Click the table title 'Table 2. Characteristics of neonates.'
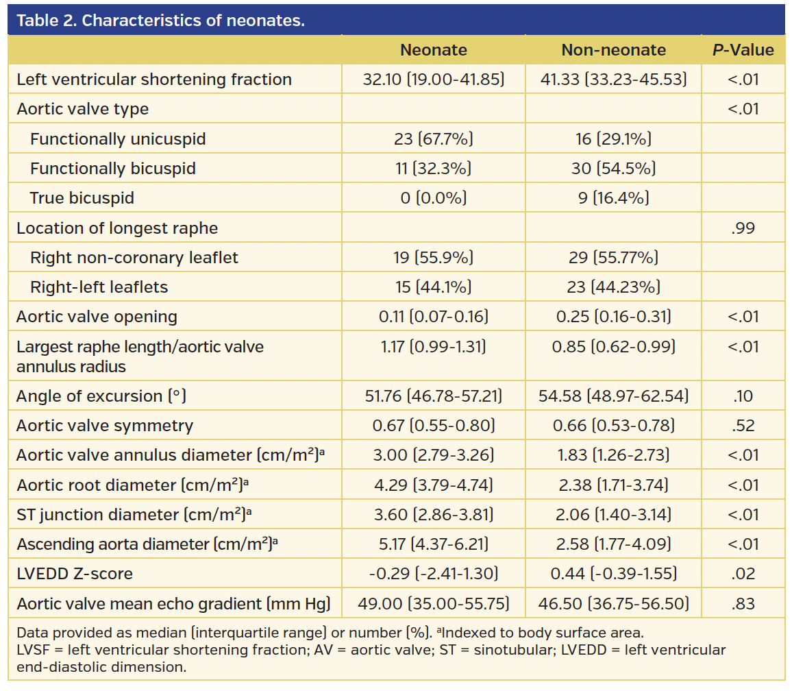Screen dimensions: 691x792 tap(160, 20)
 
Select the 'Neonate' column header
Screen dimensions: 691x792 tap(433, 50)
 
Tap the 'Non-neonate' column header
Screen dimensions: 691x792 tap(613, 50)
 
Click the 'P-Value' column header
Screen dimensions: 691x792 tap(743, 50)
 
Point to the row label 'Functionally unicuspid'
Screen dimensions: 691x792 tap(118, 139)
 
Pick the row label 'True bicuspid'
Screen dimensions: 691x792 tap(82, 198)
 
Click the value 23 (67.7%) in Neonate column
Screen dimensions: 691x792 tap(433, 139)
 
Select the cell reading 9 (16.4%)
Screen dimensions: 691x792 tap(613, 198)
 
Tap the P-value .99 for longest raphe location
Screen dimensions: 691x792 tap(743, 228)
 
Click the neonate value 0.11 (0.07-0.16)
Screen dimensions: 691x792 tap(433, 317)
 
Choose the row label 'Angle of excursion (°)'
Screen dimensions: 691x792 tap(101, 396)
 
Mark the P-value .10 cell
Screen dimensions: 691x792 tap(743, 396)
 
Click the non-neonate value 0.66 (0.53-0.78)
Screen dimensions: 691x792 tap(613, 426)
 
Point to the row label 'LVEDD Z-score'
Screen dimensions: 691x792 tap(75, 574)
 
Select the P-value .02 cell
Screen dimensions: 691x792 tap(743, 574)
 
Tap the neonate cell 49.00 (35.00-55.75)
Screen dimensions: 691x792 tap(433, 604)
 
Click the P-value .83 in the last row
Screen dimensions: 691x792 tap(743, 604)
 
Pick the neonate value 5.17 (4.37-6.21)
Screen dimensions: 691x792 tap(433, 544)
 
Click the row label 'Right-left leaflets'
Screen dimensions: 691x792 tap(99, 287)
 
